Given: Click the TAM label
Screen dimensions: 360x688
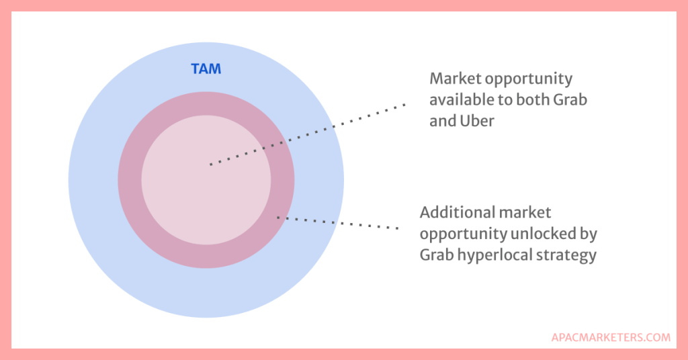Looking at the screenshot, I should point(206,69).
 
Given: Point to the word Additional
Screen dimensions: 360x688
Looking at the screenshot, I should point(456,212).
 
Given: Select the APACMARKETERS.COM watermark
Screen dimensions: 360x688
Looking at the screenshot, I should point(610,337).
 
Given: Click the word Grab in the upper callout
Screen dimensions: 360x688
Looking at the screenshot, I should point(570,101).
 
